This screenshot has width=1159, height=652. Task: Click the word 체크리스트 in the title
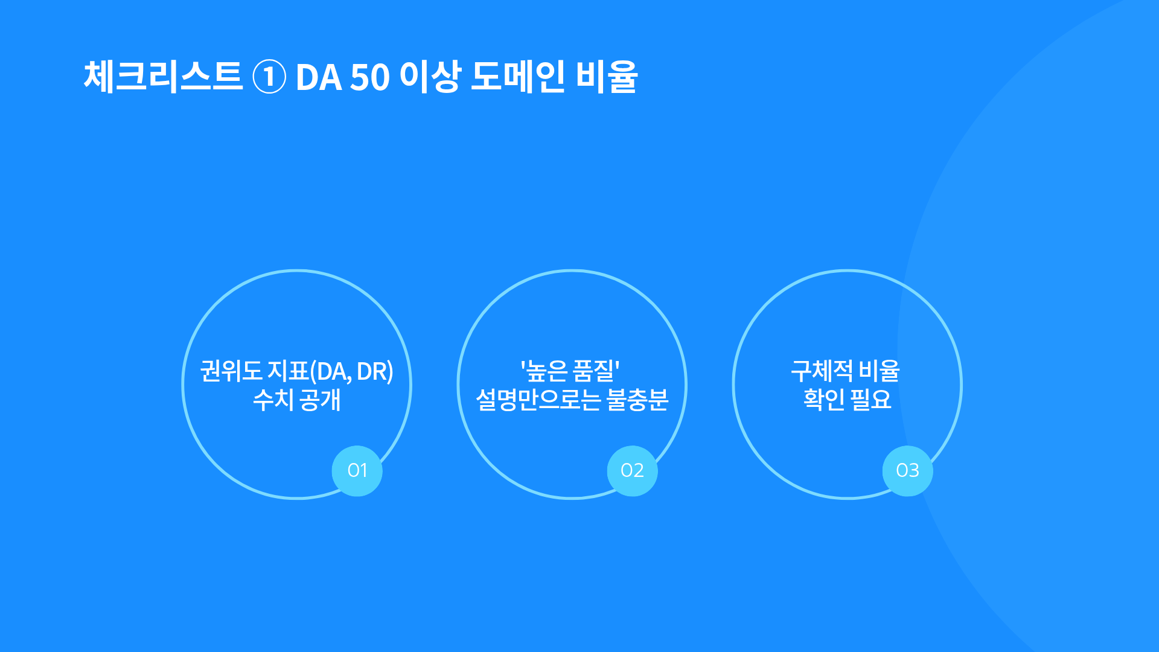tap(163, 77)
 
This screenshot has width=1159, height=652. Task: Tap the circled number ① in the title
tap(269, 77)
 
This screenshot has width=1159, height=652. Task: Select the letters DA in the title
tap(319, 78)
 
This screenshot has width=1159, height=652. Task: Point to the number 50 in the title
tap(370, 78)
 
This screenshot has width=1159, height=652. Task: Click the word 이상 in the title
tap(430, 77)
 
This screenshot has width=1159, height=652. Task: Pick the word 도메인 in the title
tap(518, 77)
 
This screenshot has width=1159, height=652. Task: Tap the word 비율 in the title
tap(606, 77)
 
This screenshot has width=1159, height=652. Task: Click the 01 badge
tap(357, 471)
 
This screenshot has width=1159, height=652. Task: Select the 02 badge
tap(632, 471)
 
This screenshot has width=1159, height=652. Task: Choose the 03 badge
tap(907, 471)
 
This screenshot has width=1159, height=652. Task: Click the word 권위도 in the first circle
tap(231, 371)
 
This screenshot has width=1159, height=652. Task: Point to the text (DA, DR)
tap(351, 372)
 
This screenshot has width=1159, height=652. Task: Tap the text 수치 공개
tap(297, 400)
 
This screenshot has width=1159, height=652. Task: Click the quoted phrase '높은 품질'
tap(570, 371)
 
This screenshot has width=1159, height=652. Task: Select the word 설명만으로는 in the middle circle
tap(538, 400)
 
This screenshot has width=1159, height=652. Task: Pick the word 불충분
tap(637, 400)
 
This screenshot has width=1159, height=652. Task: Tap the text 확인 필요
tap(847, 400)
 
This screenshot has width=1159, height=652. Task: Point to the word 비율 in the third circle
tap(880, 371)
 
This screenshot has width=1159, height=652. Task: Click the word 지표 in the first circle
tap(288, 371)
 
